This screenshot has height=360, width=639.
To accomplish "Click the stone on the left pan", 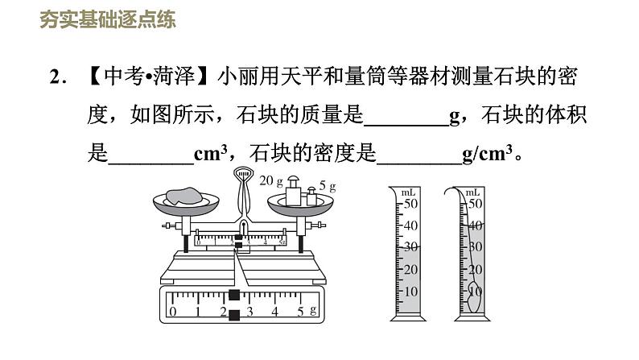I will [186, 195].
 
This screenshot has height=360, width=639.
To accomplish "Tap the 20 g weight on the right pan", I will [293, 192].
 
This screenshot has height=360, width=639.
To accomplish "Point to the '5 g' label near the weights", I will [327, 185].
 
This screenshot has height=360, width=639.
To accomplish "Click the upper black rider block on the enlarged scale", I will [234, 295].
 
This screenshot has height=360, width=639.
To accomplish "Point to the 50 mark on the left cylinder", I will [411, 203].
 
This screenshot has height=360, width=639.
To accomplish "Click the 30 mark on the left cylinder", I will [410, 247].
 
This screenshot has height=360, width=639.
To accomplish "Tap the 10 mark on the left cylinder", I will [410, 291].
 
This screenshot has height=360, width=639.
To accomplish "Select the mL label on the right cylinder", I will [473, 192].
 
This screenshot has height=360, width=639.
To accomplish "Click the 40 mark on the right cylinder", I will [475, 226].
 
